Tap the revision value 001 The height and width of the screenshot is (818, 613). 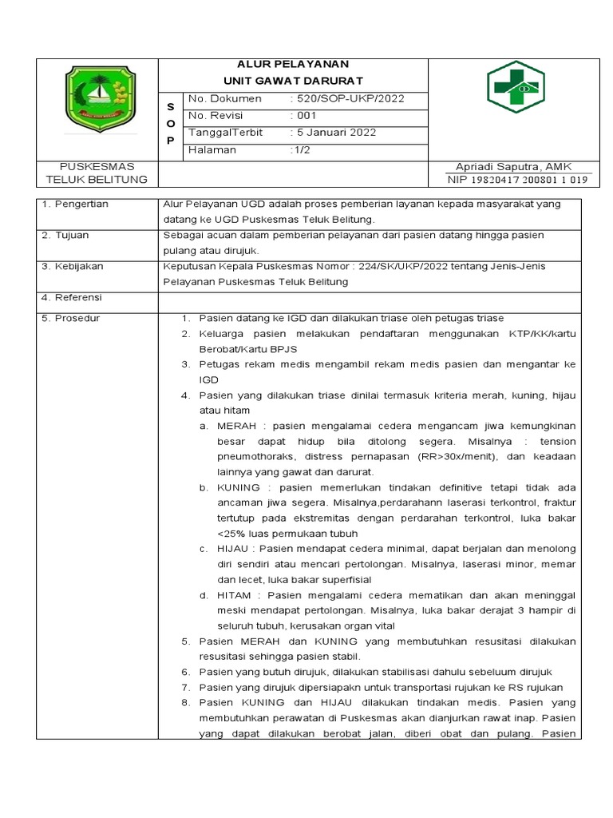point(303,116)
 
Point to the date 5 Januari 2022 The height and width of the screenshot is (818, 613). point(334,133)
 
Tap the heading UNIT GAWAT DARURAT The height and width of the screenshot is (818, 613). point(293,81)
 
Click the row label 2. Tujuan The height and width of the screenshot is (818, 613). point(67,236)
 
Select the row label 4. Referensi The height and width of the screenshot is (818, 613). point(73,297)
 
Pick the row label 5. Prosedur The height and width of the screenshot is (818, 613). point(71,318)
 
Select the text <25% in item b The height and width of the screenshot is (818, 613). point(231,533)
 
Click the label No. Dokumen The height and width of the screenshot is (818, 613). point(224,99)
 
